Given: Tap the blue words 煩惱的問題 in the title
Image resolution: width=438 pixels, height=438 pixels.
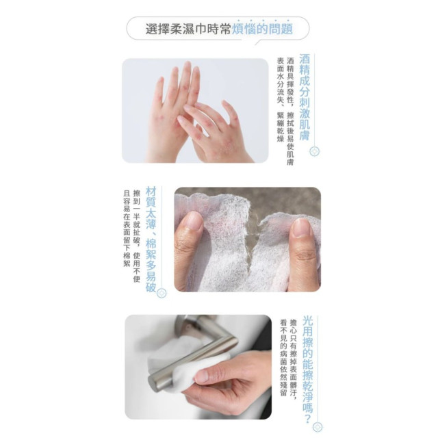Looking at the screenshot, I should [263, 29].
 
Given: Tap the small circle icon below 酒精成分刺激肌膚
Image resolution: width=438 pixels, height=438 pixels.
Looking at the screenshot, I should [314, 151].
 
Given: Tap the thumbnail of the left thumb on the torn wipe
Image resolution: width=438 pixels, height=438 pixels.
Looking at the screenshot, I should [194, 221].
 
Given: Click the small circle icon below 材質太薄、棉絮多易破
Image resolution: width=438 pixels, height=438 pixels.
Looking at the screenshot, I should [162, 293].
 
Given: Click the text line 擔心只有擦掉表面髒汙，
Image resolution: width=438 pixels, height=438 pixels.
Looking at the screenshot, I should [294, 363].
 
